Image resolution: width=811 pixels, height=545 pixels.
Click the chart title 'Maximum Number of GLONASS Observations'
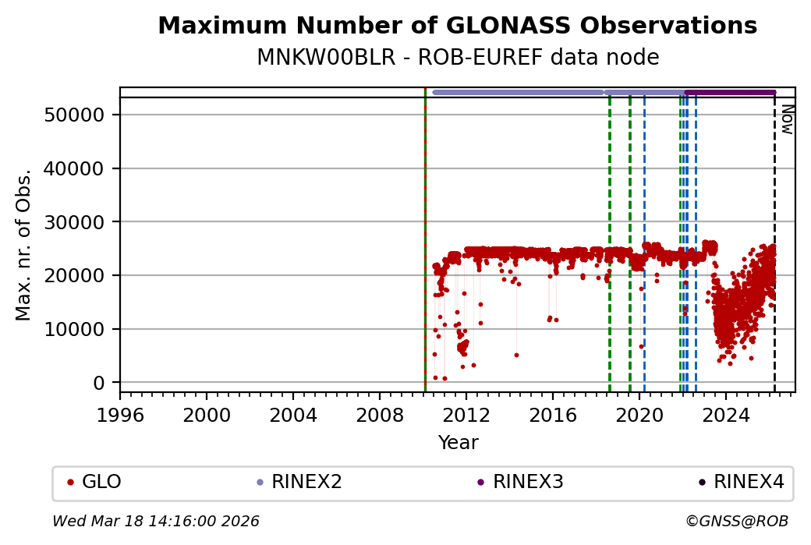pos(457,26)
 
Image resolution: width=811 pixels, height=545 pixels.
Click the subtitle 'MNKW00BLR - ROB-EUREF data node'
pos(457,58)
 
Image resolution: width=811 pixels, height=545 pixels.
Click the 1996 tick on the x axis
pos(120,413)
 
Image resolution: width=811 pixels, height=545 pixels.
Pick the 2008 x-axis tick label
pos(380,413)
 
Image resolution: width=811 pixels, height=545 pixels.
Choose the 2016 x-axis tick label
pos(553,413)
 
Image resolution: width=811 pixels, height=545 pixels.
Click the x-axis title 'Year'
pos(458,443)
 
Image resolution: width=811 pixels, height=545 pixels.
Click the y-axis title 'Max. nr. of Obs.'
pos(24,245)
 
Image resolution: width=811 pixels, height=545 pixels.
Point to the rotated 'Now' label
pos(787,119)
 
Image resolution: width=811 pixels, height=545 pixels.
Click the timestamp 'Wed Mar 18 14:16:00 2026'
pos(156,521)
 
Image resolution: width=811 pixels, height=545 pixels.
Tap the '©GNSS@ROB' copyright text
pos(737,521)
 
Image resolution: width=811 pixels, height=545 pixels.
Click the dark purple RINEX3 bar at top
pos(730,92)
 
